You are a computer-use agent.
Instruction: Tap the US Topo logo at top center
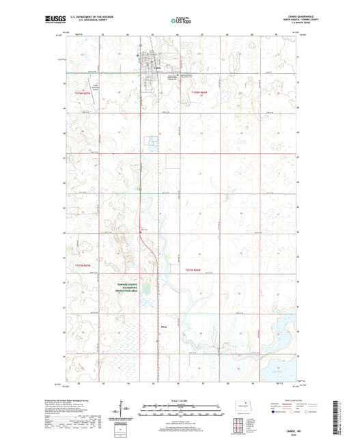(x=180, y=21)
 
